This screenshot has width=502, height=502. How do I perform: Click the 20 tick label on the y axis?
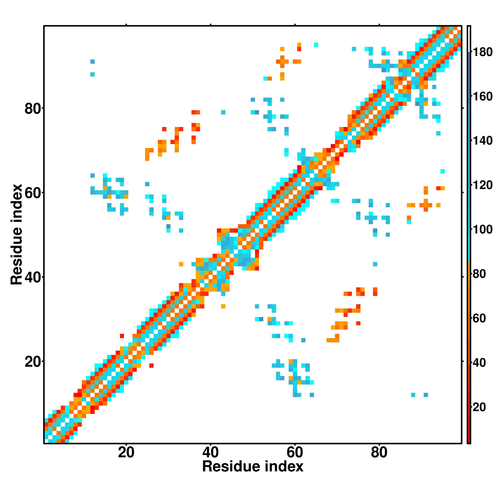click(x=33, y=362)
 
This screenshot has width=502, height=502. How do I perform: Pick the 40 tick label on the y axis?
click(x=33, y=278)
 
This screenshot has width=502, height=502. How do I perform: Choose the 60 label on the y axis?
click(x=33, y=193)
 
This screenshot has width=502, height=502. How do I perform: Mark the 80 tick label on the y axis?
click(x=33, y=109)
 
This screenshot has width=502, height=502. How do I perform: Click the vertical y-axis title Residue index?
click(x=16, y=234)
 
